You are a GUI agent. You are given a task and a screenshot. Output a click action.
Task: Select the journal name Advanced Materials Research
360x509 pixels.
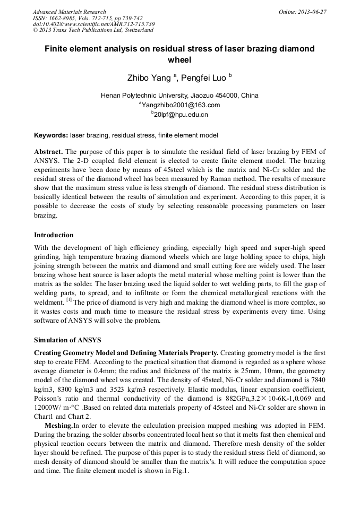point(69,12)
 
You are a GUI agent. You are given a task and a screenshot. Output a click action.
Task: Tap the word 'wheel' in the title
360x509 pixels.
point(179,60)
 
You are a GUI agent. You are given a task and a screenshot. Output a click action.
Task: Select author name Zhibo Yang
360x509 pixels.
point(149,78)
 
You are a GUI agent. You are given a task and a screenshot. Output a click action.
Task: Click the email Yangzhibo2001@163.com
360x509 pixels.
point(181,105)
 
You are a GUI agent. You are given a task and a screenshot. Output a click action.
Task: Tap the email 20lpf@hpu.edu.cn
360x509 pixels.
point(181,114)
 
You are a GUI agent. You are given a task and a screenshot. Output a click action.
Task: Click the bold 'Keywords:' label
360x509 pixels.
point(51,135)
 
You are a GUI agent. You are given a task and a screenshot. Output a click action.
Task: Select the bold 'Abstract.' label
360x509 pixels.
point(48,151)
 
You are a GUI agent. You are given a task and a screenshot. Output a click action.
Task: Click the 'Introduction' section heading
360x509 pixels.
point(54,235)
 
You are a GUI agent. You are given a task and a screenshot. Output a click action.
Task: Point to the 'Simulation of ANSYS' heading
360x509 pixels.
point(67,340)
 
